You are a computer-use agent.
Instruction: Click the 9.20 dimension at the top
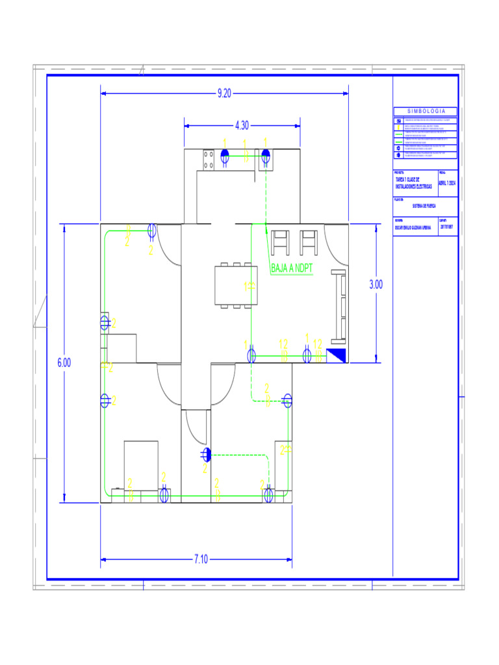pyautogui.click(x=224, y=94)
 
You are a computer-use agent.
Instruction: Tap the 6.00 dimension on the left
pyautogui.click(x=63, y=363)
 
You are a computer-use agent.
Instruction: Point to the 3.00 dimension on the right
pyautogui.click(x=376, y=284)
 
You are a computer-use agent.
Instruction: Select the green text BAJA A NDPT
pyautogui.click(x=292, y=268)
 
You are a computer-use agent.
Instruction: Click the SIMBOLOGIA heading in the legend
pyautogui.click(x=426, y=112)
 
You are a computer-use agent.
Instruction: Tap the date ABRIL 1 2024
pyautogui.click(x=448, y=183)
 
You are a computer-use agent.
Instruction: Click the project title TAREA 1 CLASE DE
pyautogui.click(x=411, y=179)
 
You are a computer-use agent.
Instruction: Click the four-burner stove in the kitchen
pyautogui.click(x=209, y=160)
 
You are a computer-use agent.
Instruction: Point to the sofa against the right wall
pyautogui.click(x=339, y=306)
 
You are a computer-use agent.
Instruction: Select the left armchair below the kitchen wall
pyautogui.click(x=280, y=241)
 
